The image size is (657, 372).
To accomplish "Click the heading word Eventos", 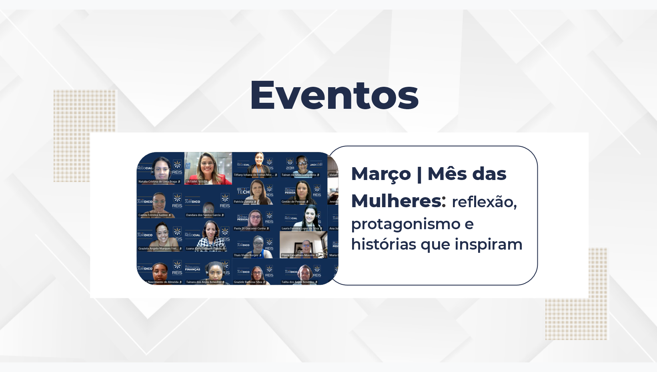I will click(x=334, y=95).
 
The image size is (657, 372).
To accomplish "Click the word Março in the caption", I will click(x=381, y=174).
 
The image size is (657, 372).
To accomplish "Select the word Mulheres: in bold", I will click(x=398, y=201).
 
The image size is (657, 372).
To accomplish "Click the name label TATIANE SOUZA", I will click(x=197, y=182).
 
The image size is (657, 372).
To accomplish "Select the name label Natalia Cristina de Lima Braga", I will click(x=158, y=182).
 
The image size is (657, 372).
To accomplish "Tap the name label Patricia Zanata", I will click(x=244, y=202).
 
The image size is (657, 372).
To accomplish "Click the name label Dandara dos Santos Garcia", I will click(x=203, y=215).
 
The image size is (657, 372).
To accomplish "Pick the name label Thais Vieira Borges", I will click(x=246, y=255).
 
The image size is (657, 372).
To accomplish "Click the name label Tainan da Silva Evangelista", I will click(x=299, y=175).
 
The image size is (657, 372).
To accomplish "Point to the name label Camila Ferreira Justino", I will click(x=153, y=215).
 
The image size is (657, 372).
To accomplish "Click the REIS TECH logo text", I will click(x=243, y=192).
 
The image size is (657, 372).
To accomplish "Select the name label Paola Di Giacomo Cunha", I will click(x=250, y=228).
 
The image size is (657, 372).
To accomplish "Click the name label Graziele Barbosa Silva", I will click(x=248, y=282).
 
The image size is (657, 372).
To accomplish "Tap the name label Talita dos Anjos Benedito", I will click(x=298, y=282).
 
